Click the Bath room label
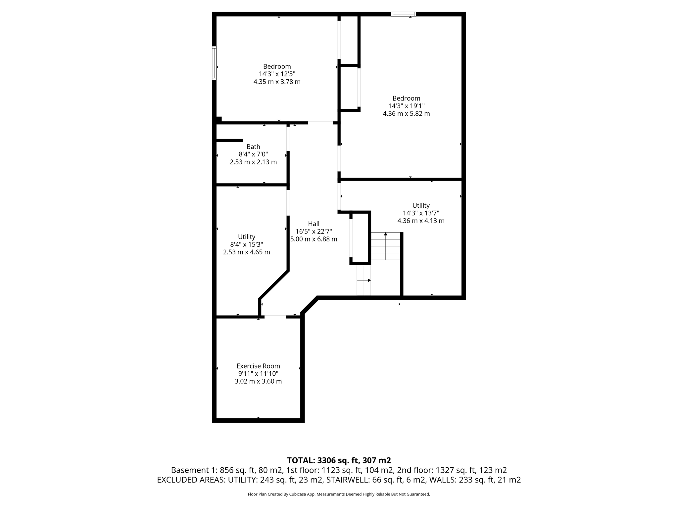pos(253,147)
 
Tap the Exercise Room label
pos(258,366)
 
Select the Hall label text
pos(314,224)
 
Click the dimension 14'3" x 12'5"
pos(277,74)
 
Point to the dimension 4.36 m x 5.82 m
pos(406,113)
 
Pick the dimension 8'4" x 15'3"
pos(247,244)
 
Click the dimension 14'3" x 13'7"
pos(421,213)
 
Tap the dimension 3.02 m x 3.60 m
pos(258,381)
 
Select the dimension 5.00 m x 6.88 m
pos(314,239)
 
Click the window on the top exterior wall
pos(403,14)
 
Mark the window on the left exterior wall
pos(214,63)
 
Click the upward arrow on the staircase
pos(386,234)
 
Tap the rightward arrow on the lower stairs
pos(368,280)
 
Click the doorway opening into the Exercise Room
pos(275,317)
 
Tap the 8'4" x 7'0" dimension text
pos(253,154)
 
